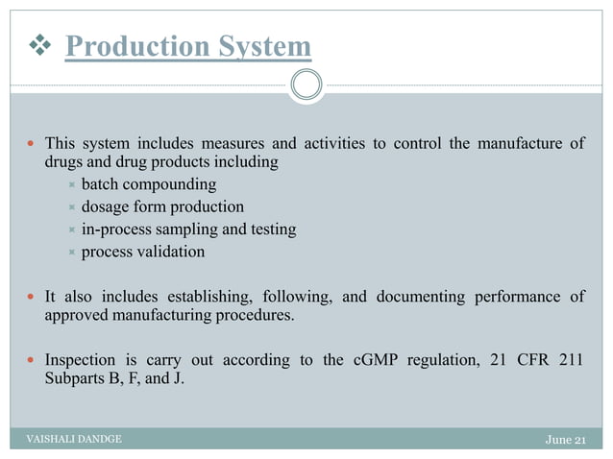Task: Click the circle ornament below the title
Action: (x=306, y=85)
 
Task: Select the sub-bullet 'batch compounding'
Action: (x=149, y=183)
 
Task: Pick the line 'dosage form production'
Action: (x=162, y=206)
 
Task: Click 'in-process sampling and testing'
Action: (x=188, y=229)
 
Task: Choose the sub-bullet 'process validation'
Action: (x=142, y=253)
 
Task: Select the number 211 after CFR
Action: (x=572, y=361)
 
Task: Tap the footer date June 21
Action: (x=565, y=440)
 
